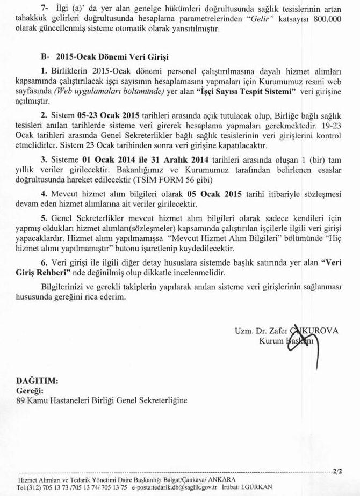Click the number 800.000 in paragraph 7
(327, 19)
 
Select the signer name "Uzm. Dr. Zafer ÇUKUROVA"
(286, 331)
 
